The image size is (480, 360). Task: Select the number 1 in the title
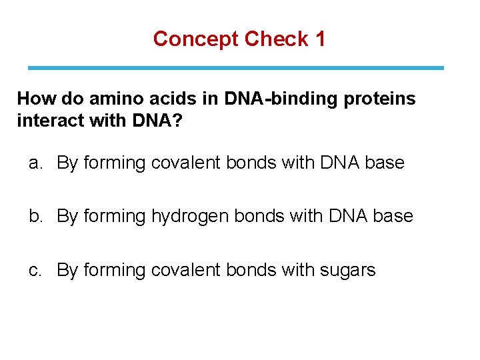click(x=320, y=39)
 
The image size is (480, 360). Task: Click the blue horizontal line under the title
click(x=235, y=68)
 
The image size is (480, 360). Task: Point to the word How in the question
click(x=36, y=99)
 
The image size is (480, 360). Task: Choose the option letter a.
click(x=35, y=163)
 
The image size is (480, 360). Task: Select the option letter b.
click(x=35, y=217)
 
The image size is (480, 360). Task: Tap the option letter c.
click(x=35, y=270)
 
